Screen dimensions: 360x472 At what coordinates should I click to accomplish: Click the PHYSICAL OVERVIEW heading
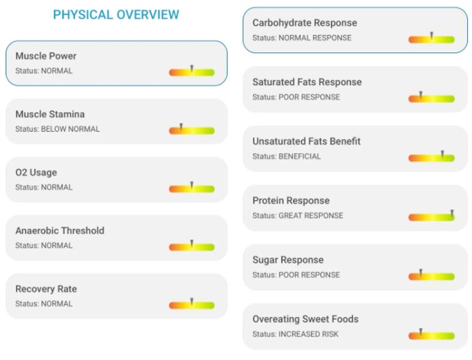[116, 15]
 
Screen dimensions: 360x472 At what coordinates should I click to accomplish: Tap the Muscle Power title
[46, 56]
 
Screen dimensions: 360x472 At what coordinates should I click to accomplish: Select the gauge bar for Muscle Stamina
[192, 130]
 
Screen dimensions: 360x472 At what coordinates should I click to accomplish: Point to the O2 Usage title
[36, 172]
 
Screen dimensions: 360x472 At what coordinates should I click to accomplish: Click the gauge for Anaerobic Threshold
[192, 246]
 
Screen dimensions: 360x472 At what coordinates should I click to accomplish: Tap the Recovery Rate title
[46, 289]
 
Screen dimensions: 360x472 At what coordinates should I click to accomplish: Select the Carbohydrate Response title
[304, 23]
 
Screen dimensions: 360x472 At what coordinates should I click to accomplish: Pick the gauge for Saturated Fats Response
[431, 99]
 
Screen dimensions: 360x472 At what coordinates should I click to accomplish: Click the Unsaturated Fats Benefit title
[306, 141]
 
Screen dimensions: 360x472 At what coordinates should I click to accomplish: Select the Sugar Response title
[288, 260]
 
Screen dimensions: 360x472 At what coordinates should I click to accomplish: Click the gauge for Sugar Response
[431, 276]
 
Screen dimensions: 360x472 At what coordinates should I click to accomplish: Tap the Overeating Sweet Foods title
[305, 319]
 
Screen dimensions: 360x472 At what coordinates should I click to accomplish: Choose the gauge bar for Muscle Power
[192, 72]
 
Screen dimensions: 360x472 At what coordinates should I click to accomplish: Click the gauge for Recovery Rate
[192, 305]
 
